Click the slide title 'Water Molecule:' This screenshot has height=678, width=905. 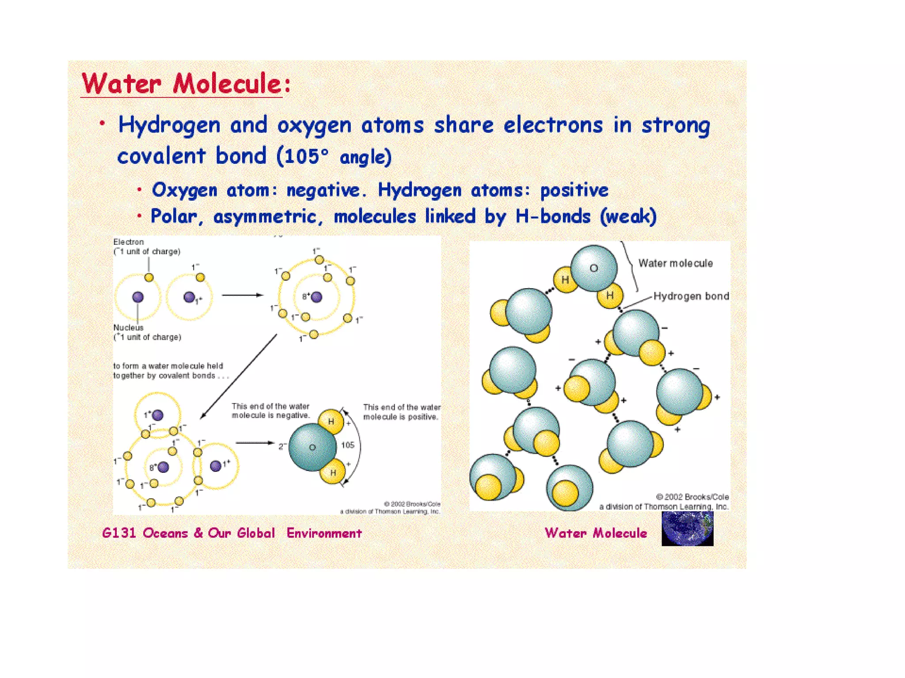pyautogui.click(x=186, y=84)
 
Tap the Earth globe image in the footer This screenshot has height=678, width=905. pyautogui.click(x=687, y=529)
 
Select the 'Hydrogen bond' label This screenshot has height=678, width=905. pyautogui.click(x=691, y=296)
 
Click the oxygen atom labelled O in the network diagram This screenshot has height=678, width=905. pyautogui.click(x=593, y=268)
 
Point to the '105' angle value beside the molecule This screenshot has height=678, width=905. pyautogui.click(x=348, y=445)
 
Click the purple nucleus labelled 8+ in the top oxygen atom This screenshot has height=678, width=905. pyautogui.click(x=316, y=297)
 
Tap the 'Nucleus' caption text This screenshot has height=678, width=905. pyautogui.click(x=128, y=328)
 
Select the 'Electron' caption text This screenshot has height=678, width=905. pyautogui.click(x=128, y=242)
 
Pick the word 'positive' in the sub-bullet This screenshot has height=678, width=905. pyautogui.click(x=574, y=191)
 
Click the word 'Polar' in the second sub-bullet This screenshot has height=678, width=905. pyautogui.click(x=174, y=217)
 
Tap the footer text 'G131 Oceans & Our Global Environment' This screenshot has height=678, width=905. pyautogui.click(x=232, y=533)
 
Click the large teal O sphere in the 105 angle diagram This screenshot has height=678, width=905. pyautogui.click(x=312, y=447)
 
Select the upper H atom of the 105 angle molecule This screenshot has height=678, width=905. pyautogui.click(x=331, y=422)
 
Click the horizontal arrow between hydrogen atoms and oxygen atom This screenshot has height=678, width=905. pyautogui.click(x=242, y=295)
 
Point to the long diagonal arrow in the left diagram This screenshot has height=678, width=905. pyautogui.click(x=239, y=376)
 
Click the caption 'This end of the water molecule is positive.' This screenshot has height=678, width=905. pyautogui.click(x=401, y=412)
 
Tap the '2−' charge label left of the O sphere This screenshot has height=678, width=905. pyautogui.click(x=282, y=446)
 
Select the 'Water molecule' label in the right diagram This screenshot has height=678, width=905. pyautogui.click(x=675, y=264)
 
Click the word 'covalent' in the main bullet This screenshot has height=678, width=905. pyautogui.click(x=161, y=156)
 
